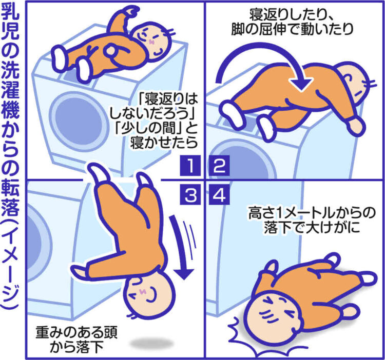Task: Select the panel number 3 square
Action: (x=189, y=194)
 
